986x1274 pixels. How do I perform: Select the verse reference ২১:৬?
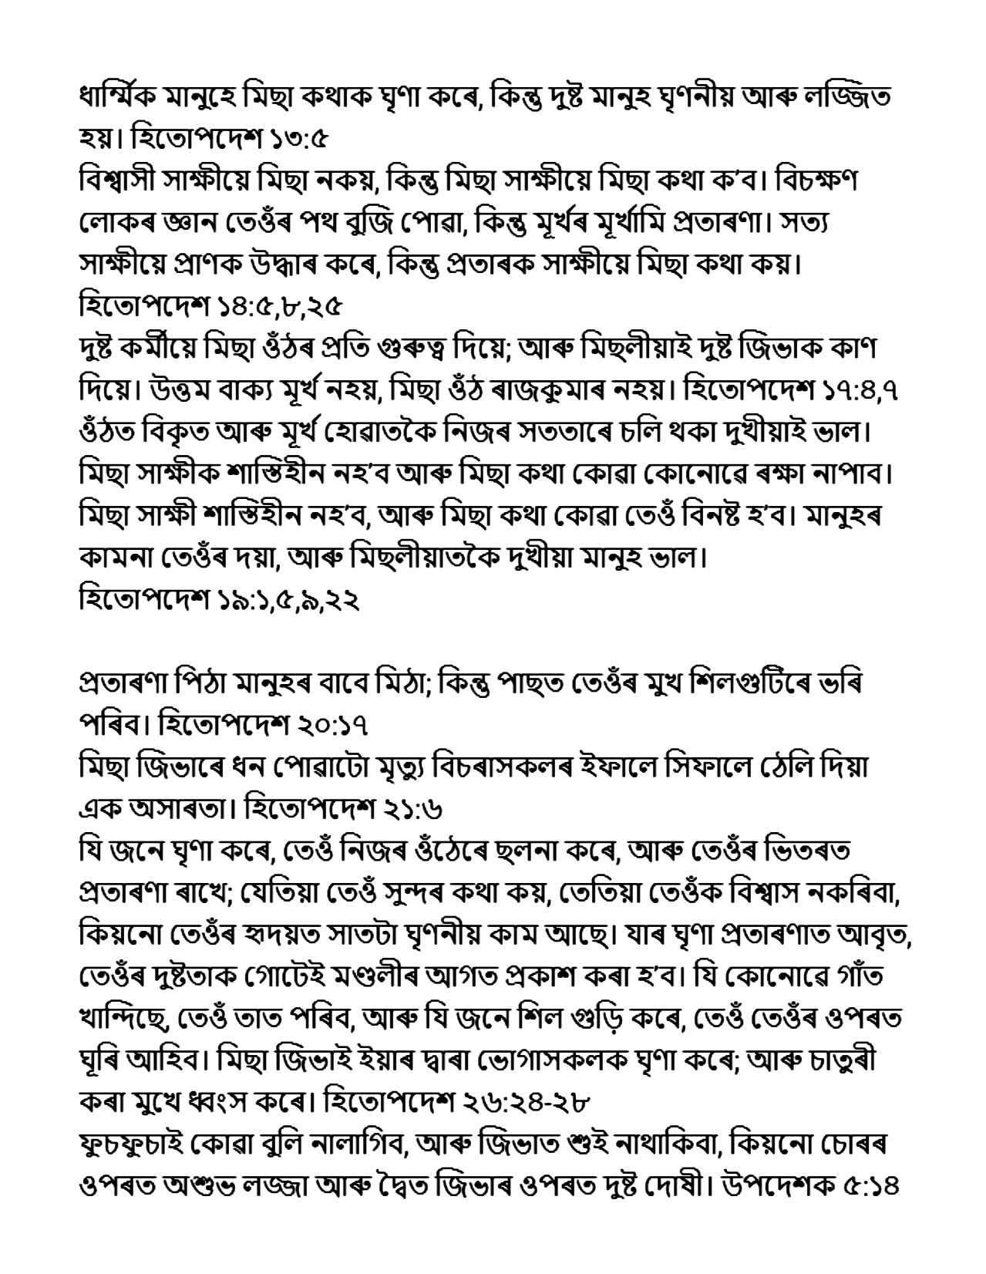click(x=419, y=810)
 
